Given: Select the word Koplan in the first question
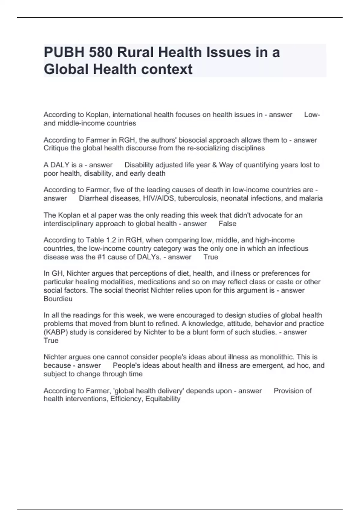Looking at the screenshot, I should pos(97,115).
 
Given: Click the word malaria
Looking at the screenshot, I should pos(311,198).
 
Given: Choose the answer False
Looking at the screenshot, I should pos(227,224).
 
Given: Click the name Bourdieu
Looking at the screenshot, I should pos(58,299).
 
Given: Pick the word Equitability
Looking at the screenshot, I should pos(163,399).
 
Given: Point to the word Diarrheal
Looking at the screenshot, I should pos(93,198).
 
